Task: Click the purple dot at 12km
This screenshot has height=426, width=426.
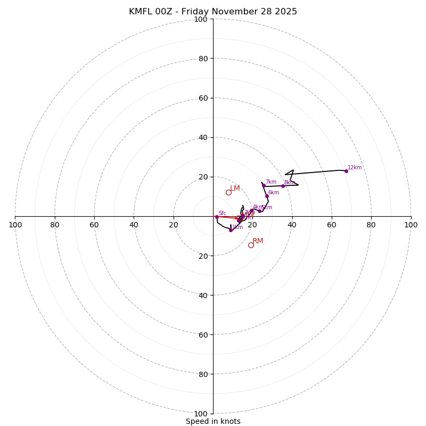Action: click(346, 171)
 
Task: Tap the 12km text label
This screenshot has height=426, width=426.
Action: click(355, 168)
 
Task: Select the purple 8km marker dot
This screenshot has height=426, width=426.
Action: click(283, 186)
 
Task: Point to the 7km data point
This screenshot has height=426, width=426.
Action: click(264, 185)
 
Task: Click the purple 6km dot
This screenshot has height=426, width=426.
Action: click(267, 196)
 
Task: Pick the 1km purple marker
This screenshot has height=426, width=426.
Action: click(231, 230)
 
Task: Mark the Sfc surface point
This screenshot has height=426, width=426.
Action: click(217, 217)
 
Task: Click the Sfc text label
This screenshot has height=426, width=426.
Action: click(222, 214)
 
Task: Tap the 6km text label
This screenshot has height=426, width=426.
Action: click(273, 193)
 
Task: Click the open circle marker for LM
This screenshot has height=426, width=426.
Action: click(228, 192)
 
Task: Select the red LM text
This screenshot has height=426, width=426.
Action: click(235, 189)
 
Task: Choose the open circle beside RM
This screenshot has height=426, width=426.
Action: click(251, 245)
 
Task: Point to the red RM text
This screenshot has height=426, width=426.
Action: click(258, 241)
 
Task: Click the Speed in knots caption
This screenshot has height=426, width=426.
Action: click(213, 421)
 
